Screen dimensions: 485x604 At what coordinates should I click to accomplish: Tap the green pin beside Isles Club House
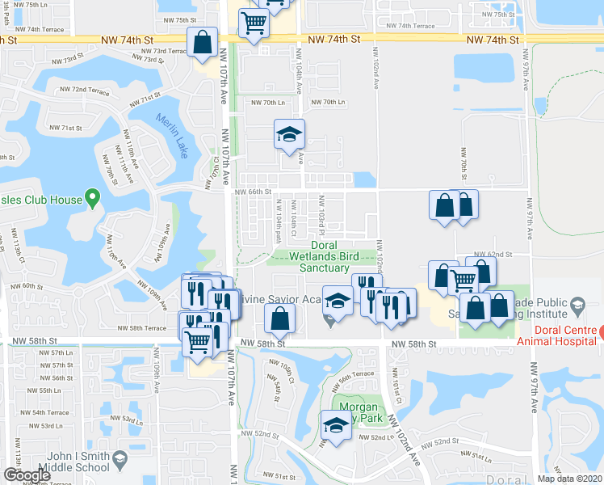93,196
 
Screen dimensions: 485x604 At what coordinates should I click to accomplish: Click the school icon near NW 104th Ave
288,135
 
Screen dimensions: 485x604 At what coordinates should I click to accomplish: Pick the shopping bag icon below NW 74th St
202,41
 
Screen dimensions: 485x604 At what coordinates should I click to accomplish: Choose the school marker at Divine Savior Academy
338,301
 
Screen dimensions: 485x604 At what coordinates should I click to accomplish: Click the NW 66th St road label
253,192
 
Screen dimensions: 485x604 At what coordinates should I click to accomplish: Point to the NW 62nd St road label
493,254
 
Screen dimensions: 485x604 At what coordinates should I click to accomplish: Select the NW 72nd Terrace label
90,90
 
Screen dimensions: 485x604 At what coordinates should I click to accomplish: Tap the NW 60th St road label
27,286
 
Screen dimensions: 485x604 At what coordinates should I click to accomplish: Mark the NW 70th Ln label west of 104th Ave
269,103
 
